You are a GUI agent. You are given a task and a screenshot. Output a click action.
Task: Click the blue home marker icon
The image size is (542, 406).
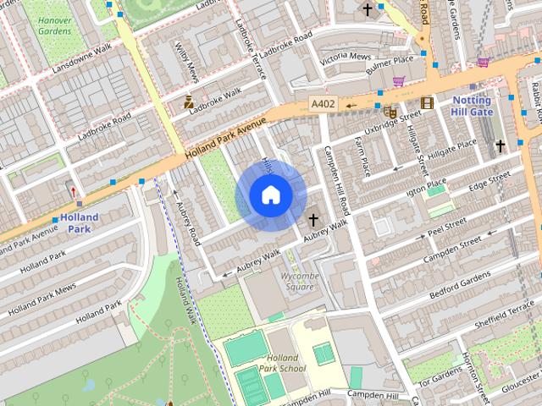tap(269, 195)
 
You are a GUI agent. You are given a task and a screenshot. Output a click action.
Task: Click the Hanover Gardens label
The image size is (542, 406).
tap(55, 25)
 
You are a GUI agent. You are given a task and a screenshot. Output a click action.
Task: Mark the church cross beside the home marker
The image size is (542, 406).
tap(313, 220)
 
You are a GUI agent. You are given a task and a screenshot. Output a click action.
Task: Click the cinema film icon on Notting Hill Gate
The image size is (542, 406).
tap(426, 104)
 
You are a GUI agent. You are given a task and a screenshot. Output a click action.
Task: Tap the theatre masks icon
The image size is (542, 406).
tap(390, 111)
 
